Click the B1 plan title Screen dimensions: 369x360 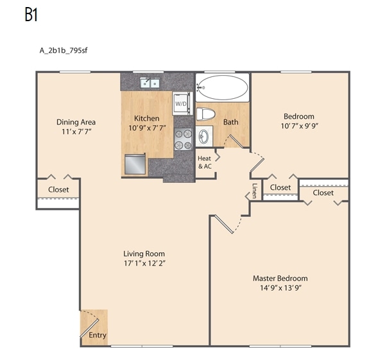[31, 15]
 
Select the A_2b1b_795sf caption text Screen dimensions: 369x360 [64, 51]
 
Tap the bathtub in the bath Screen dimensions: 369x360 [223, 87]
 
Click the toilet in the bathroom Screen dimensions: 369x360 [206, 114]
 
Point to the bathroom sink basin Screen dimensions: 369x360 [204, 136]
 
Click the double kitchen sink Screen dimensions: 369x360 [150, 83]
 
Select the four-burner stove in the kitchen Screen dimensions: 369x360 [184, 139]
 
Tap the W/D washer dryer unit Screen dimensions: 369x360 [181, 103]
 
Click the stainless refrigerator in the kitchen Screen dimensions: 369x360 [135, 164]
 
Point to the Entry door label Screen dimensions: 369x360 [98, 335]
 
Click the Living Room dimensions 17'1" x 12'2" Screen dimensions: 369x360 [144, 263]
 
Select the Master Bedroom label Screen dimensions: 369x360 [280, 279]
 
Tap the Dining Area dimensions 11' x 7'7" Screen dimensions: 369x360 [76, 132]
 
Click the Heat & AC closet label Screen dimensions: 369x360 [204, 162]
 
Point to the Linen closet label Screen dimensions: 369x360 [254, 191]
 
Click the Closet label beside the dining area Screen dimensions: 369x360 [58, 189]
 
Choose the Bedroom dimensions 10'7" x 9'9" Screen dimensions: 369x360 [299, 126]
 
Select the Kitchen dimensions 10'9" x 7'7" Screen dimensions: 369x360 [148, 128]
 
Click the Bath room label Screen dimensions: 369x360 [230, 122]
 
